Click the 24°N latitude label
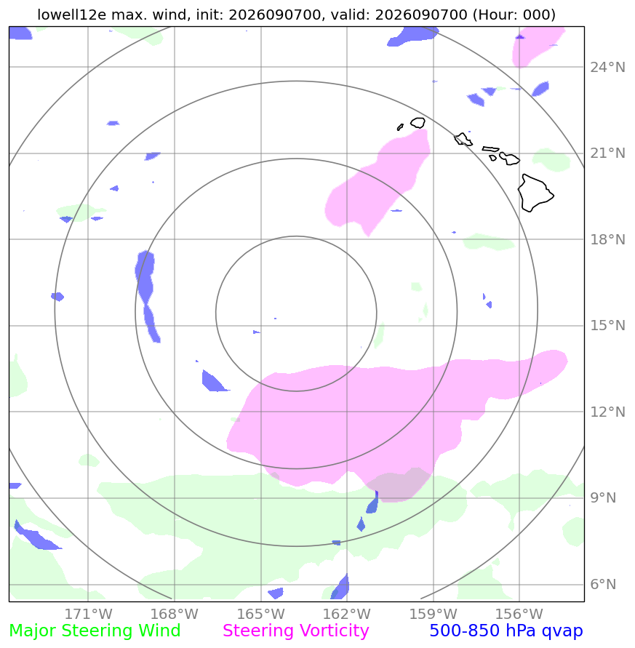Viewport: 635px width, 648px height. [x=607, y=67]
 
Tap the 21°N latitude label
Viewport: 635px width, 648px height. [x=607, y=153]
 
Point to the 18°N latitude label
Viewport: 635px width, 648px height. [x=607, y=239]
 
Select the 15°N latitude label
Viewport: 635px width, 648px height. [x=607, y=326]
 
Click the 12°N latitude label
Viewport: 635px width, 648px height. [x=607, y=412]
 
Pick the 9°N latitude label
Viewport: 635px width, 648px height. [x=603, y=498]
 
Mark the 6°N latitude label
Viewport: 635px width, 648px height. [x=603, y=584]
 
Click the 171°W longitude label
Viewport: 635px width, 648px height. [x=88, y=614]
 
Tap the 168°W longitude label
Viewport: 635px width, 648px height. [x=174, y=614]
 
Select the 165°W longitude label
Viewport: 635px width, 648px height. [x=260, y=614]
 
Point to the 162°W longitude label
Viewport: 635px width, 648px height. [x=346, y=614]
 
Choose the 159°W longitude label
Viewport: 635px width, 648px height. [x=433, y=614]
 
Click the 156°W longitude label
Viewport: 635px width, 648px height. [x=519, y=614]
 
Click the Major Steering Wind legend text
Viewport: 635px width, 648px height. [x=95, y=631]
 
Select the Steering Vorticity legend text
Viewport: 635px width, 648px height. [x=295, y=631]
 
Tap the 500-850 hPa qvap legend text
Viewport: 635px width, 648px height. [x=506, y=631]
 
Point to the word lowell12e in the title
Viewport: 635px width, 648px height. [x=72, y=15]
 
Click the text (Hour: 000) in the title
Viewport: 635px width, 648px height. [x=514, y=15]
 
